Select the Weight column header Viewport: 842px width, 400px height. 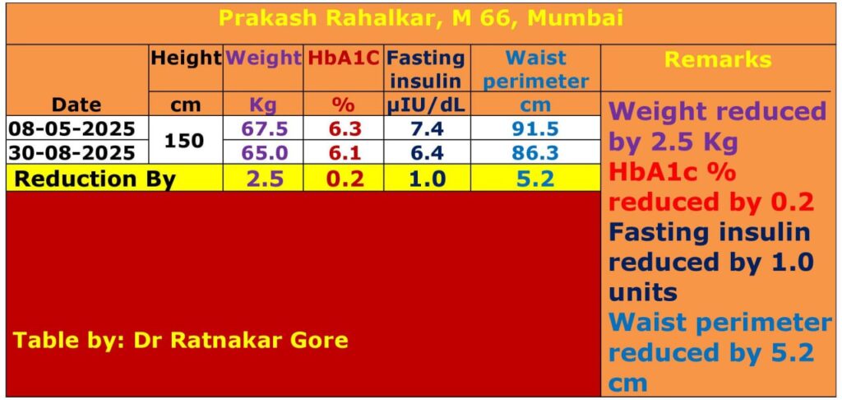[x=263, y=58]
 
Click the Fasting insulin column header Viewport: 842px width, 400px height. [x=426, y=69]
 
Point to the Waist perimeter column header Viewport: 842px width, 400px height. [x=534, y=69]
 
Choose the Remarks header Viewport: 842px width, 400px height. [x=718, y=59]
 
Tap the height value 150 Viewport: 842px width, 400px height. [x=184, y=140]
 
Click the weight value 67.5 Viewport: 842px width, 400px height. [x=264, y=128]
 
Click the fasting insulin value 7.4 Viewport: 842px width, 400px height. [x=426, y=128]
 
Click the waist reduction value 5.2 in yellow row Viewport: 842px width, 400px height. [x=534, y=179]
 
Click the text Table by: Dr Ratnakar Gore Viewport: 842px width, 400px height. [x=180, y=340]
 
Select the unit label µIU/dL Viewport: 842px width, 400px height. [x=426, y=105]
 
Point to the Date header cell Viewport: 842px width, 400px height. [x=76, y=105]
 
